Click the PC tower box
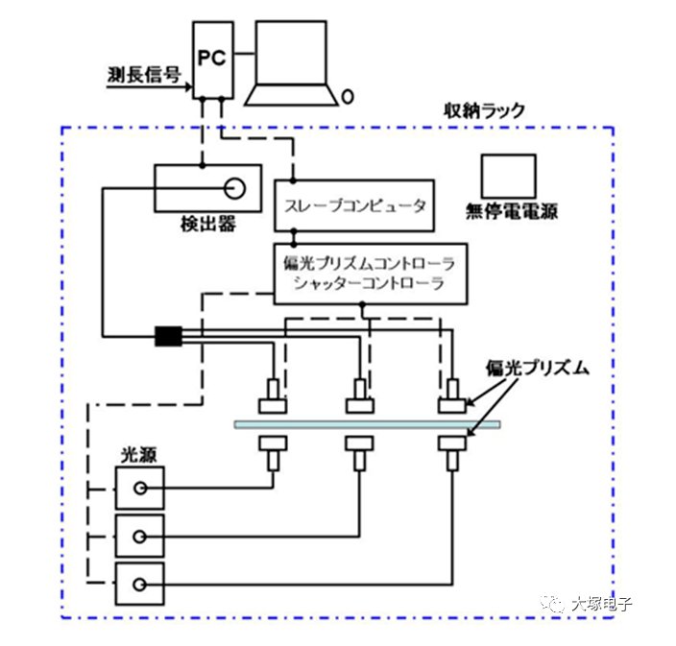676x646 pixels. coord(212,60)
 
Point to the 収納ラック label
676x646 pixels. coord(484,109)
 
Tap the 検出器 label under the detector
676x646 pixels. coord(207,224)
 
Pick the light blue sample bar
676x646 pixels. coord(366,424)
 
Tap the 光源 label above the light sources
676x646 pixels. coord(133,452)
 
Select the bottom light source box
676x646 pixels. coord(139,584)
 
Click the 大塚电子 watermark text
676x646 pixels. coord(601,604)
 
